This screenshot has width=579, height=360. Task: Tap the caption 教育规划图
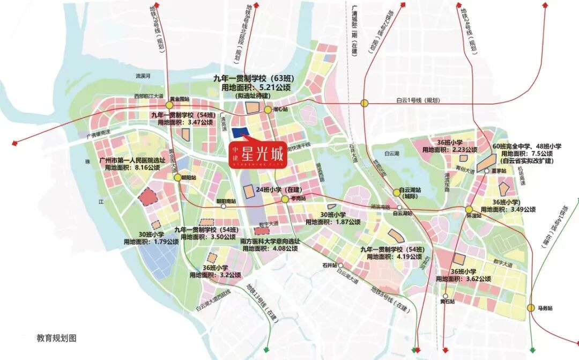tap(57, 339)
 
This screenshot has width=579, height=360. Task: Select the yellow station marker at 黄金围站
tap(169, 106)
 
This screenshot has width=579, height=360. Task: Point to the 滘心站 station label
tap(280, 109)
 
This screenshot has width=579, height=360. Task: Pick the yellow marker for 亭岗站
tap(284, 199)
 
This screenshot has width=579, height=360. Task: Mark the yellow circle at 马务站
tap(531, 308)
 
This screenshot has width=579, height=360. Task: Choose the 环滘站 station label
tap(472, 216)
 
